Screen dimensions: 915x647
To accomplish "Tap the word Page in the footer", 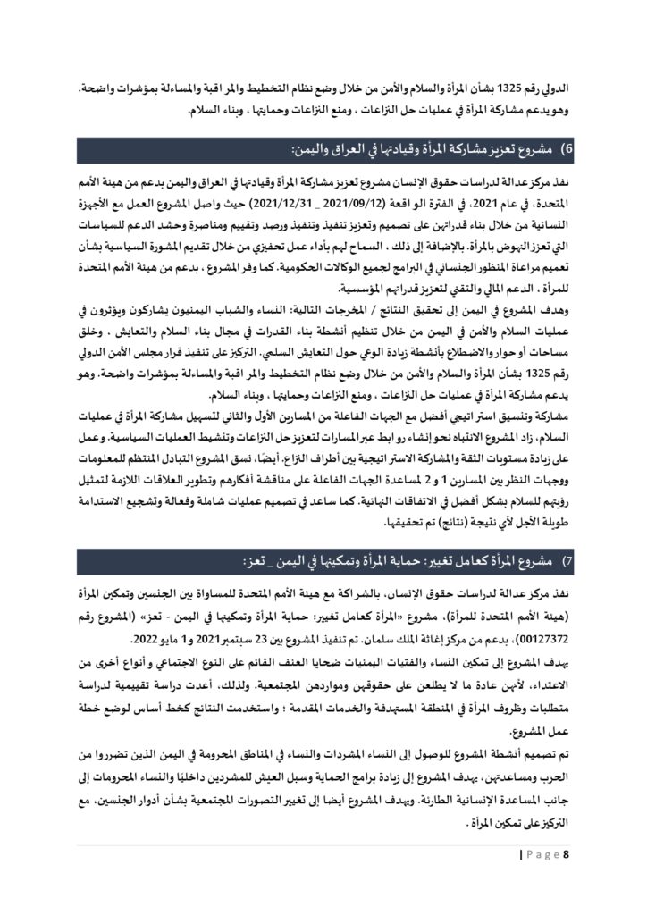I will [x=544, y=855].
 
